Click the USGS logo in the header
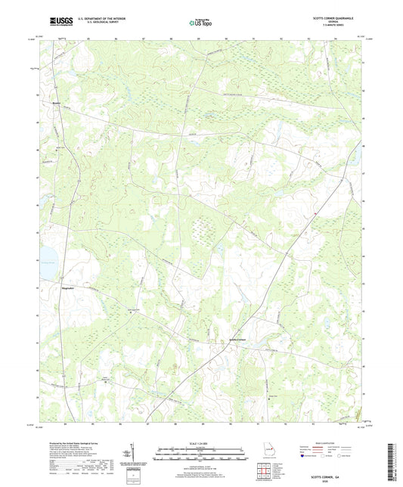point(60,22)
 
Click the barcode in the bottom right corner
point(391,462)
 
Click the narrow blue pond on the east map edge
point(352,155)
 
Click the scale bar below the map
point(200,455)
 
